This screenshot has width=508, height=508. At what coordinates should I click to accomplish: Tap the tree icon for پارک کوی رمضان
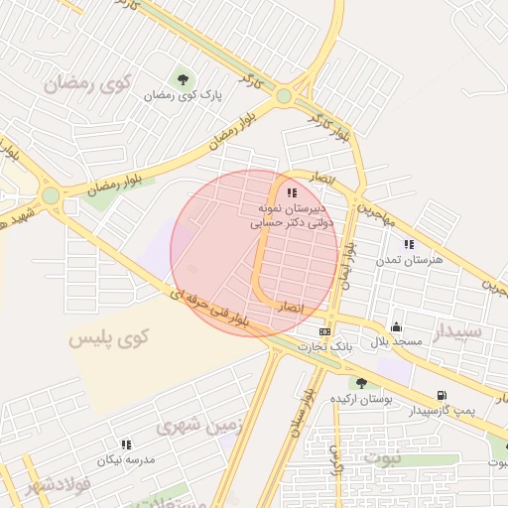[183, 78]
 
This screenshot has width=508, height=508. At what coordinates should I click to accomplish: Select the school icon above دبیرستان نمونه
[291, 192]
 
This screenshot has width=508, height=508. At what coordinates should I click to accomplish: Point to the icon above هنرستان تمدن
[408, 243]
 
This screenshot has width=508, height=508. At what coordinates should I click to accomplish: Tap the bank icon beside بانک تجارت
[324, 331]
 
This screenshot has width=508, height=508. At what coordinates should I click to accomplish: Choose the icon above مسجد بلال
[396, 326]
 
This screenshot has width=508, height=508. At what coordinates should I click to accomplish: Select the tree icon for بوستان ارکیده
[361, 383]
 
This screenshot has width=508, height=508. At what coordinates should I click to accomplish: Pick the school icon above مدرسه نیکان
[126, 444]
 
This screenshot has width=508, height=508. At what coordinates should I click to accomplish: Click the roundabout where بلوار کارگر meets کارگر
[285, 96]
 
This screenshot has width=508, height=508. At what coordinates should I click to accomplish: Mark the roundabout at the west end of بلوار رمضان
[50, 195]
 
